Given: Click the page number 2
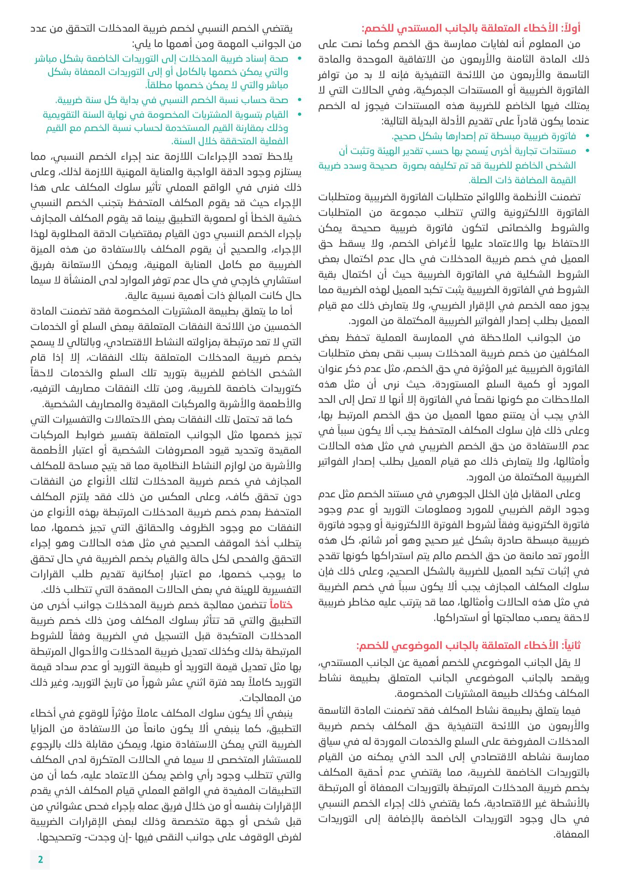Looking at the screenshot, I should coord(40,859).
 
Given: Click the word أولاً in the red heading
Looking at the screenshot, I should coord(570,29).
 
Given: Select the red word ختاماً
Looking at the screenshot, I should coord(281,605).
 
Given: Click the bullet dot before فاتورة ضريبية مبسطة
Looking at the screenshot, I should coord(587,136).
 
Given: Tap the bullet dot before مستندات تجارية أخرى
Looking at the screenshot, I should coord(587,151).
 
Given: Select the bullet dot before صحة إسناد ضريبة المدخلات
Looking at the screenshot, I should coord(299,59).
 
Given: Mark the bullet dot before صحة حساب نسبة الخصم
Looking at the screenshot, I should coord(299,100).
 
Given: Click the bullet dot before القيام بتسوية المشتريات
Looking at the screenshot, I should coord(299,115).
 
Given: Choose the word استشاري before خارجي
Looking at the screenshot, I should coord(284,280).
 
